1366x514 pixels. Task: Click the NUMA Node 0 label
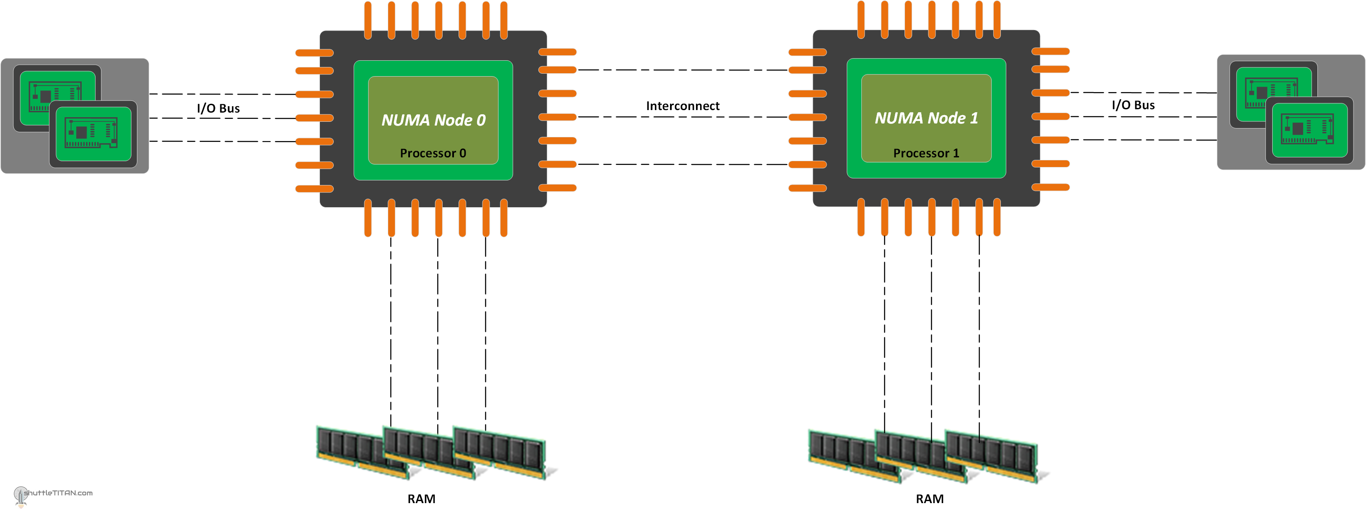[433, 120]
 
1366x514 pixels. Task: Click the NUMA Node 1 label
[926, 118]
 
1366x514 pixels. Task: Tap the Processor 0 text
[433, 153]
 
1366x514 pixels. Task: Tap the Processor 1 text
[926, 153]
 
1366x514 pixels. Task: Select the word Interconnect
[683, 106]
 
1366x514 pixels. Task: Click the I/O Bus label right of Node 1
[1133, 105]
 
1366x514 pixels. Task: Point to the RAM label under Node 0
[421, 499]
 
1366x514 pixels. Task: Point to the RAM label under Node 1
[929, 499]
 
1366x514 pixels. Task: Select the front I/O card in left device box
[93, 134]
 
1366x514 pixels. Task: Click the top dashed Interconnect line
[683, 70]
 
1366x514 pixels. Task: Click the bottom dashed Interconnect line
[683, 164]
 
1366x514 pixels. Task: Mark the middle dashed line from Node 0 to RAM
[438, 329]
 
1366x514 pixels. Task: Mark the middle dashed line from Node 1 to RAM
[931, 329]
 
